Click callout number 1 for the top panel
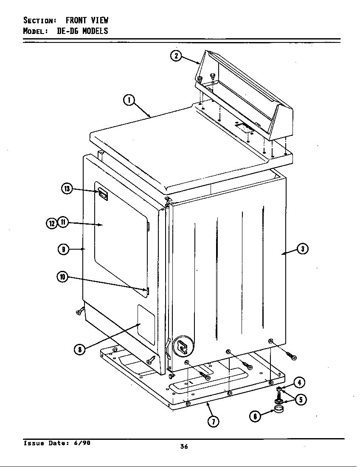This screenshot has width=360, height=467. (129, 100)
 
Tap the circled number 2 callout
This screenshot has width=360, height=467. (176, 56)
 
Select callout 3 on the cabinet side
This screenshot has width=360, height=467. (302, 249)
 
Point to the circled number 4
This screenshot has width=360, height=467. (299, 383)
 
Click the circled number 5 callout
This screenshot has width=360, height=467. (301, 399)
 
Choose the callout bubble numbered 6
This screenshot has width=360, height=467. (255, 416)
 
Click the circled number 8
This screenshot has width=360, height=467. (79, 349)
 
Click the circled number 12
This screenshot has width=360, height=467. (51, 223)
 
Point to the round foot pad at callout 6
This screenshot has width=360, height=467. (279, 410)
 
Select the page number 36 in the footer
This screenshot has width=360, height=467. (184, 446)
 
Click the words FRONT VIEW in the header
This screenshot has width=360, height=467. (87, 20)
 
